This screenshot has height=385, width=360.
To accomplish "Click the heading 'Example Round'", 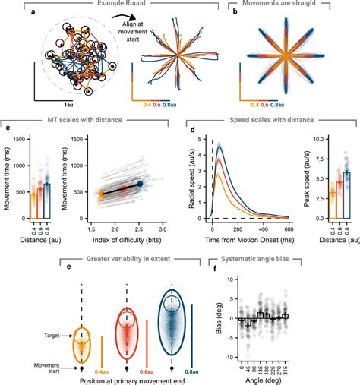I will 116,5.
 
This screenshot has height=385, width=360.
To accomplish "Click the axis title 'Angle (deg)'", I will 264,380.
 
